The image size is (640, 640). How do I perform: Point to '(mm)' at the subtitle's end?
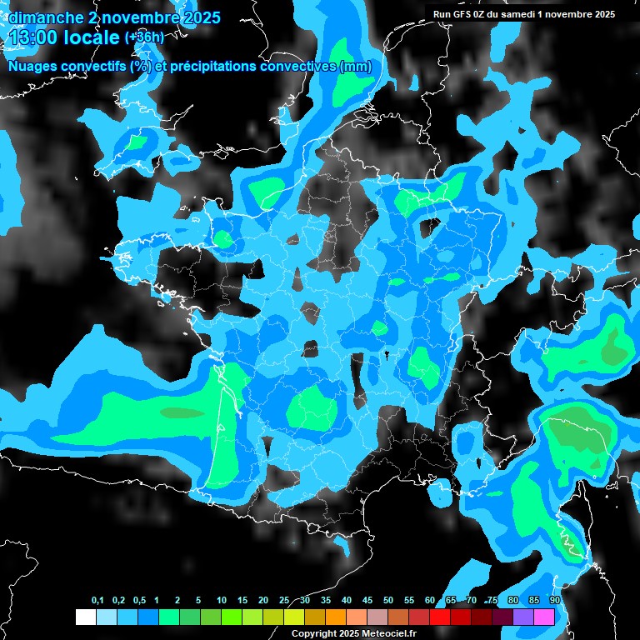point(355,67)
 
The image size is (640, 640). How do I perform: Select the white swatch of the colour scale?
point(86,617)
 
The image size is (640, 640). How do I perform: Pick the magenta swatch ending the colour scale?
point(544,617)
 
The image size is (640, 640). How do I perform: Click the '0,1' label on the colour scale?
point(97,601)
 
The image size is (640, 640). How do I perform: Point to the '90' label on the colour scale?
point(554,601)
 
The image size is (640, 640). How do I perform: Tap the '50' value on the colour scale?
point(388,601)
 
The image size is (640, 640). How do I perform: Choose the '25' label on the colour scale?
point(284,601)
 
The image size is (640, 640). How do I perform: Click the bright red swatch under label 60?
point(440,617)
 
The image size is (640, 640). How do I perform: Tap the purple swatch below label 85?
point(523,617)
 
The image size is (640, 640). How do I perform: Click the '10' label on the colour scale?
point(222,601)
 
